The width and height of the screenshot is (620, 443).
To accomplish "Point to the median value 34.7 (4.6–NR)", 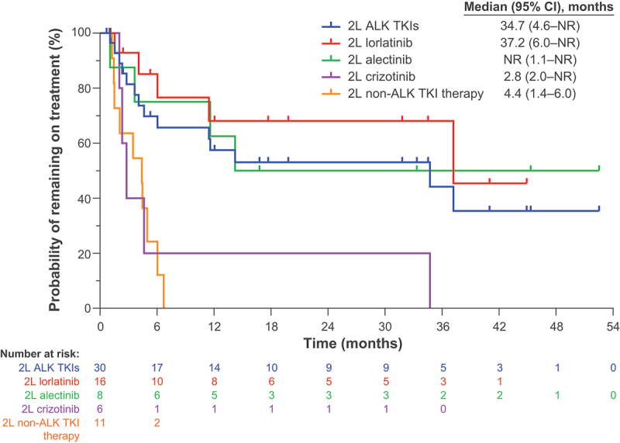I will pyautogui.click(x=534, y=24).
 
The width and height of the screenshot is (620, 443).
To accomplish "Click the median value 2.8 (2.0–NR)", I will pyautogui.click(x=534, y=77).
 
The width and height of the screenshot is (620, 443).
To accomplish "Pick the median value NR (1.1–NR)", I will pyautogui.click(x=534, y=59).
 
